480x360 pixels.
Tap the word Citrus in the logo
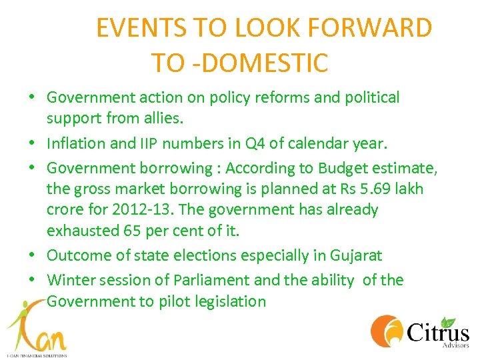click(437, 331)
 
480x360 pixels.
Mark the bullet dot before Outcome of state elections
click(32, 256)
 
